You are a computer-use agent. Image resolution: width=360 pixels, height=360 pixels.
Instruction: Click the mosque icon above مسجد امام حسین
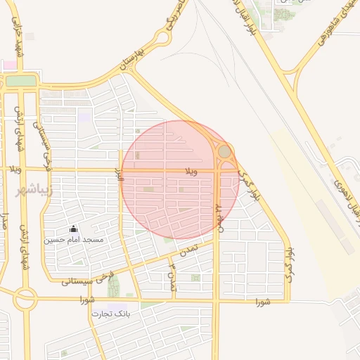coord(73,229)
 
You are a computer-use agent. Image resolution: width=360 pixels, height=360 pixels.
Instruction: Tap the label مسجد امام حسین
coord(74,240)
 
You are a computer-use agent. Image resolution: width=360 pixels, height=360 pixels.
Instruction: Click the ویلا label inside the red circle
coord(191,171)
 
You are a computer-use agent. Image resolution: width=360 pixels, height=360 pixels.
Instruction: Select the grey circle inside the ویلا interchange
coord(224,151)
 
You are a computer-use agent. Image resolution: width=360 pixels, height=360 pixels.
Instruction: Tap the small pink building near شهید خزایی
coord(8,65)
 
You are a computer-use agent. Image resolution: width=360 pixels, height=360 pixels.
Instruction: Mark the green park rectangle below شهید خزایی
coord(20,81)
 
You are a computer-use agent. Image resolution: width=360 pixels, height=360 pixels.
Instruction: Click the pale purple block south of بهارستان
coord(84,117)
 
